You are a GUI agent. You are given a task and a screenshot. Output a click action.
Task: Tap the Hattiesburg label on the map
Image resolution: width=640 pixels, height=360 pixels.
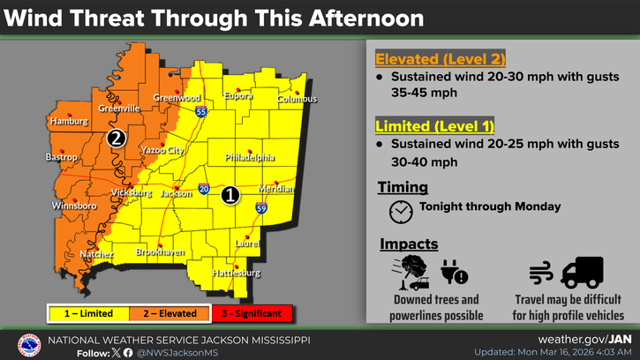point(237,273)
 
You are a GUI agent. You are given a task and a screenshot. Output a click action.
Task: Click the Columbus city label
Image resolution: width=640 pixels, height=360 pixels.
point(297,99)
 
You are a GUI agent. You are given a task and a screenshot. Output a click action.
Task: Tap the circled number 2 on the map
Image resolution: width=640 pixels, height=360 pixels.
point(116,138)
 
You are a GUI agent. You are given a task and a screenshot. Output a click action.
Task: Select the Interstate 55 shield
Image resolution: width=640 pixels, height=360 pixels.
point(201,112)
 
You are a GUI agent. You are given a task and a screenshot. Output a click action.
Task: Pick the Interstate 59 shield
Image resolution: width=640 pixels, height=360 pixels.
point(261,208)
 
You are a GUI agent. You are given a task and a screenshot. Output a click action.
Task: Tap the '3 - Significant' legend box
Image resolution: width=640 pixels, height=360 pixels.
point(252,313)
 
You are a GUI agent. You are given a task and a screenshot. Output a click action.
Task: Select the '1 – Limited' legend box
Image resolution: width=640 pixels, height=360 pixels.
point(87,313)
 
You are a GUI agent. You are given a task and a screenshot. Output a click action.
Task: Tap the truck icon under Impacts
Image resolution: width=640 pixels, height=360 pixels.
point(581,272)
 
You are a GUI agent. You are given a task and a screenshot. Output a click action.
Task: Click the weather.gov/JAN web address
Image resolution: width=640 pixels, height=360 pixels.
point(585,339)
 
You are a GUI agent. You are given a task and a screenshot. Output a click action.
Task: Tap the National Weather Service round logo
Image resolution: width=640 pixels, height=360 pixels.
point(30,345)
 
